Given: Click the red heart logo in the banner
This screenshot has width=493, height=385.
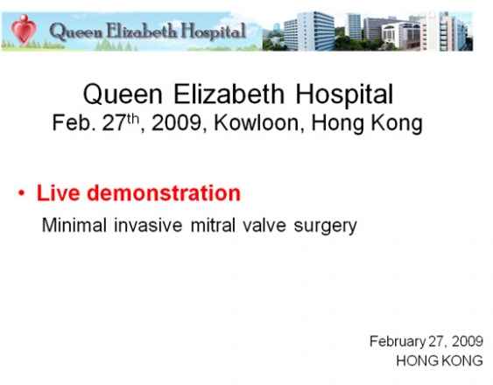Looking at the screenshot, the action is coord(24,30).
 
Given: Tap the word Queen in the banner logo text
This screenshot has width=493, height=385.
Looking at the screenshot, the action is coord(75,31).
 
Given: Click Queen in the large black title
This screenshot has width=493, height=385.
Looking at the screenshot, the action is coord(123,94).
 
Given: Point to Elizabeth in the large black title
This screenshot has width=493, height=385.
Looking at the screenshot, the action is coord(229,94).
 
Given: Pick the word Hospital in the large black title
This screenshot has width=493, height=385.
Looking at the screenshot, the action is coord(344,94).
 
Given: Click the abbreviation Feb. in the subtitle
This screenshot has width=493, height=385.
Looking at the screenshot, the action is coord(74,122).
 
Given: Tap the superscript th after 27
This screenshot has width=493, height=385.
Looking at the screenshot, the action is coord(133,119).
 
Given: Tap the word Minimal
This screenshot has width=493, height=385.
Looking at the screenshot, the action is coord(74,225).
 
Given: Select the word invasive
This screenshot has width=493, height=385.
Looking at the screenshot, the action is coord(148,225).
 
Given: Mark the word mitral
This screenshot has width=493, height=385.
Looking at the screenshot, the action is coord(213,225).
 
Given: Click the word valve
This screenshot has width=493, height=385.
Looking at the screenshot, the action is coord(264,225).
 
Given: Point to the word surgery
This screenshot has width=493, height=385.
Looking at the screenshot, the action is coord(326,227).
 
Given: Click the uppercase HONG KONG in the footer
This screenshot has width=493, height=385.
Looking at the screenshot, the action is coord(440,360).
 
